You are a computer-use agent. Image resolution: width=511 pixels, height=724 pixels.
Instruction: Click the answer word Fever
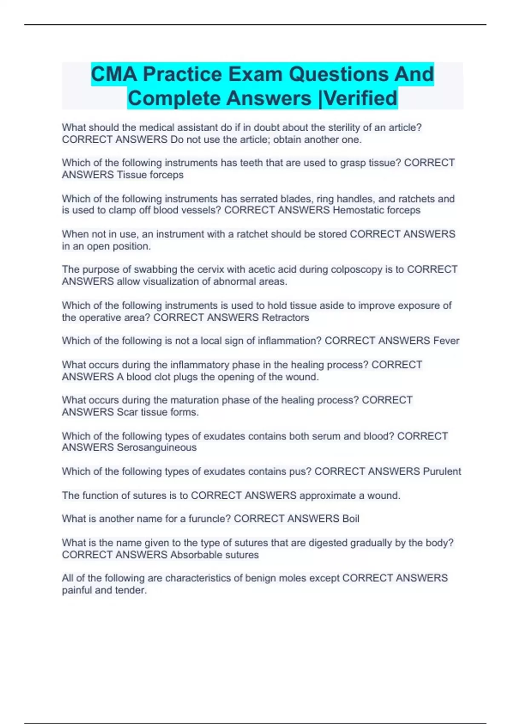coord(446,341)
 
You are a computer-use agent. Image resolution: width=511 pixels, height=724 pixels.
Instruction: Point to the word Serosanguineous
coord(157,448)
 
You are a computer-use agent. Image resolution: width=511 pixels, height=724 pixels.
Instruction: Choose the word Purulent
coord(442,471)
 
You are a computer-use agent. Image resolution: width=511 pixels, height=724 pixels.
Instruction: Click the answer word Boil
coord(350,519)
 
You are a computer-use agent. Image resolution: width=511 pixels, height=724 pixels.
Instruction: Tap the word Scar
coord(126,412)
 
